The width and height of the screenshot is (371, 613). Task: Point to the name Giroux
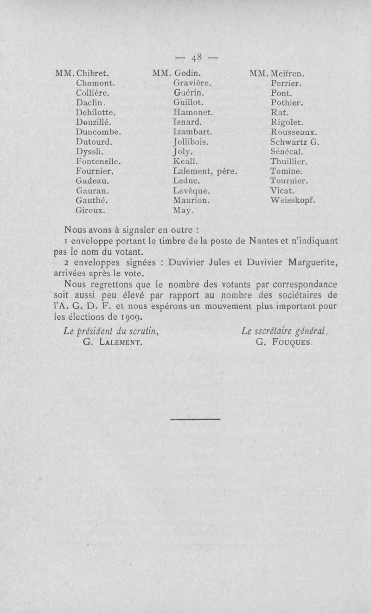90,210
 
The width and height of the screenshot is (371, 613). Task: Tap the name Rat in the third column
279,112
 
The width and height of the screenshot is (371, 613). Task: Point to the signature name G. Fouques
285,343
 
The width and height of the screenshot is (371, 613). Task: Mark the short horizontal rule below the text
196,419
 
